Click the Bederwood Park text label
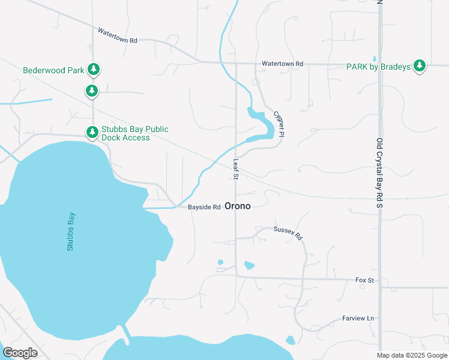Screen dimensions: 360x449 (54, 70)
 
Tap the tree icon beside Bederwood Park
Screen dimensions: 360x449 (94, 70)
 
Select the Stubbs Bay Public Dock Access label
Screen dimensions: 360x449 (134, 133)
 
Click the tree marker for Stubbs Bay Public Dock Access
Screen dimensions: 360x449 (92, 131)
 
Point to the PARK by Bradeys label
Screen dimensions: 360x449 (379, 67)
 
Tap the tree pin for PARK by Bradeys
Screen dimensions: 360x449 (420, 66)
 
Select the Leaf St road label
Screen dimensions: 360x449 (237, 169)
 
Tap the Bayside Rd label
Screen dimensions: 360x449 (205, 207)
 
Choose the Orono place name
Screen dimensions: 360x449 (237, 206)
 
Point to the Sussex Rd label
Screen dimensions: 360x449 (288, 233)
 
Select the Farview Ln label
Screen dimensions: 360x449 (358, 318)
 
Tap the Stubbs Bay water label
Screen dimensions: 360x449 (71, 232)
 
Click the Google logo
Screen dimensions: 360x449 (20, 352)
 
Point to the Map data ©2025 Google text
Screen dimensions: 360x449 (412, 355)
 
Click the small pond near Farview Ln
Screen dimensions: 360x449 (291, 340)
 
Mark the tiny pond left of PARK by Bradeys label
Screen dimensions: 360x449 (375, 59)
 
